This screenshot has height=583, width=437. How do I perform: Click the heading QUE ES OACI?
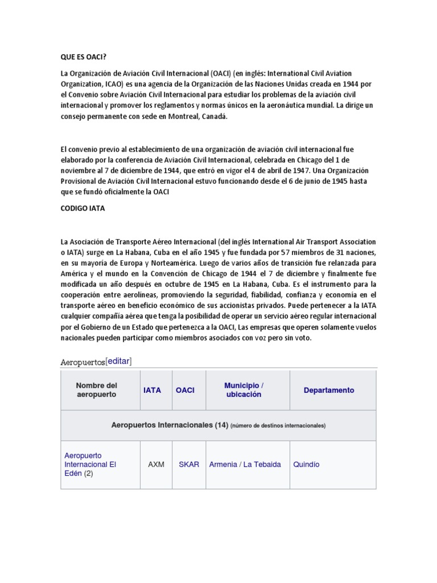coord(84,57)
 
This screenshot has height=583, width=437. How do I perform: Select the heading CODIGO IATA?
coord(83,208)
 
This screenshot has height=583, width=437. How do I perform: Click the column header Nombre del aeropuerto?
coord(96,390)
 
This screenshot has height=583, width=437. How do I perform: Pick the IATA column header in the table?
coord(152,390)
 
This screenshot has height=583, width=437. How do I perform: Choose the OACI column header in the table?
coord(185,390)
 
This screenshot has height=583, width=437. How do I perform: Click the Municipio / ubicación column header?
coord(244,390)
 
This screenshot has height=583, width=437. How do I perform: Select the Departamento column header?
coord(328,390)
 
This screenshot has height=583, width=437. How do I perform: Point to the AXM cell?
coord(156,465)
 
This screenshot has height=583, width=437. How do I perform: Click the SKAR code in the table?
coord(189,465)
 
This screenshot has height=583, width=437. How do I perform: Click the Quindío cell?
coord(306,465)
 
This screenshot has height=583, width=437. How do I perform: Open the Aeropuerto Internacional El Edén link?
coord(90,464)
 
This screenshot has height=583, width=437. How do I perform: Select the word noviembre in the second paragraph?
coord(80,170)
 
